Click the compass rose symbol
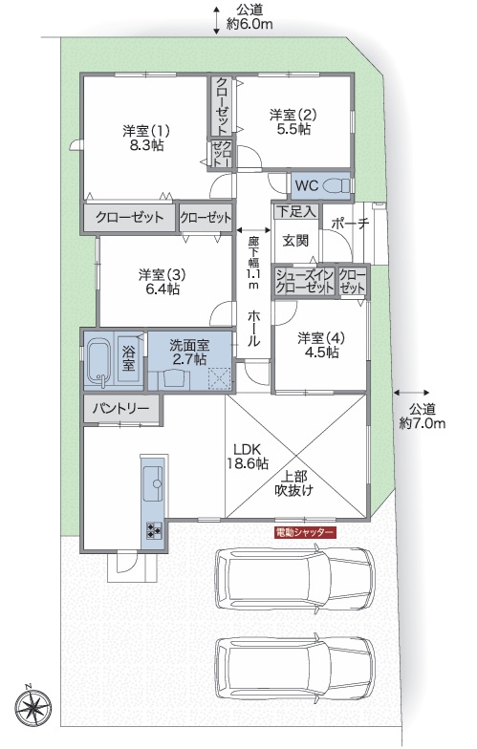click(x=33, y=705)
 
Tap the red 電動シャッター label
click(x=305, y=532)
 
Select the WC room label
click(x=306, y=185)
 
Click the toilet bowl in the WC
click(x=336, y=185)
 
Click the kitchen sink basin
click(x=153, y=483)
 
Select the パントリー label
click(x=120, y=409)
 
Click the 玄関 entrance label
click(x=295, y=241)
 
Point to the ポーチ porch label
click(x=350, y=224)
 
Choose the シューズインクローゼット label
click(x=304, y=281)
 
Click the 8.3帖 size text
click(x=147, y=145)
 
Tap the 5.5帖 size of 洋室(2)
click(x=294, y=129)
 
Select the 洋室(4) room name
click(x=321, y=338)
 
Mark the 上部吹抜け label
click(x=293, y=483)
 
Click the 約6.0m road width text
click(x=249, y=24)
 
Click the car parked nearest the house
click(x=295, y=579)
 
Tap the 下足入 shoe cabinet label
click(x=296, y=210)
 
